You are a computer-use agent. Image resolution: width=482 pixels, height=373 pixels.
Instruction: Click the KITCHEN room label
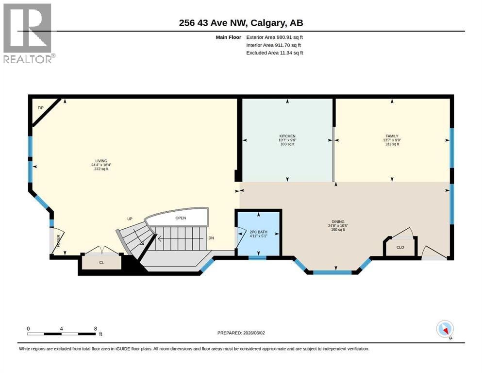pyautogui.click(x=287, y=136)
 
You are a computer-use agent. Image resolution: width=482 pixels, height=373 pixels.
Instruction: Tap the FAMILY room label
pyautogui.click(x=392, y=136)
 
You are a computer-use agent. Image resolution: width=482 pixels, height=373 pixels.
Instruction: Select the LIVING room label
pyautogui.click(x=101, y=161)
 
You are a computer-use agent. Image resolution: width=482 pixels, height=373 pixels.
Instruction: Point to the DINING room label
pyautogui.click(x=338, y=221)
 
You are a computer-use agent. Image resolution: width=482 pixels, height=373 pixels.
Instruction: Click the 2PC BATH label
pyautogui.click(x=259, y=232)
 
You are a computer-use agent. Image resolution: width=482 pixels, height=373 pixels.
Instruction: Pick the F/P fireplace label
pyautogui.click(x=41, y=108)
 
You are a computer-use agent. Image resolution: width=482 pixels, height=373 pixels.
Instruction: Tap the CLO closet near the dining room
pyautogui.click(x=400, y=247)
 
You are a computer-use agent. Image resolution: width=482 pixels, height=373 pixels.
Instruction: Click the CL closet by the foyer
pyautogui.click(x=101, y=262)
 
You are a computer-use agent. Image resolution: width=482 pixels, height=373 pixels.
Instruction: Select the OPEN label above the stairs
pyautogui.click(x=181, y=218)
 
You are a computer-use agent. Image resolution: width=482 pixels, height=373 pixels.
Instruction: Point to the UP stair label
pyautogui.click(x=130, y=219)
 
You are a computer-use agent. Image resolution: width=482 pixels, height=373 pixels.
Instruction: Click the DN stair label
pyautogui.click(x=211, y=238)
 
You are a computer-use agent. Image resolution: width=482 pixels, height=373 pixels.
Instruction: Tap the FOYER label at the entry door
pyautogui.click(x=58, y=241)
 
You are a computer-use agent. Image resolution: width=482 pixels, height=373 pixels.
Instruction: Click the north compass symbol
pyautogui.click(x=445, y=329)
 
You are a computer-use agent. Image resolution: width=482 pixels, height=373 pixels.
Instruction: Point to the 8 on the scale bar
pyautogui.click(x=96, y=328)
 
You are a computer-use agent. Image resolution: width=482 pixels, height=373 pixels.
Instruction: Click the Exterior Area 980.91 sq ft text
pyautogui.click(x=275, y=37)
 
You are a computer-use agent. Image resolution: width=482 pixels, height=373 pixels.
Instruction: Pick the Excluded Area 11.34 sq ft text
pyautogui.click(x=275, y=53)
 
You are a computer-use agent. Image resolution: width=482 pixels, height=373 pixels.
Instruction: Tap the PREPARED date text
pyautogui.click(x=241, y=333)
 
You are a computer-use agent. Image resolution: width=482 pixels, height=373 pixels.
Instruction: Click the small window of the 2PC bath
pyautogui.click(x=257, y=258)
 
